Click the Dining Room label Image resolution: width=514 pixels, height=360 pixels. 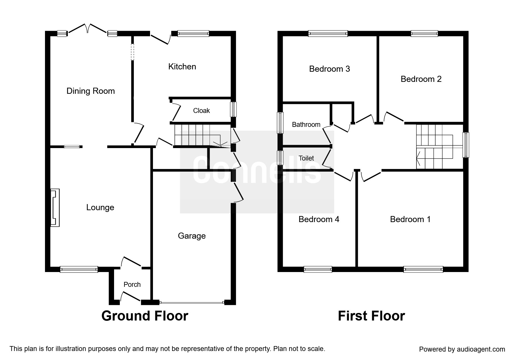91,91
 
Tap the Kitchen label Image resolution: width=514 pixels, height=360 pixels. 182,67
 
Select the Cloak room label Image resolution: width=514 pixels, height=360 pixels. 201,111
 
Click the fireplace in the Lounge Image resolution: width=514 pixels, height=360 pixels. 55,208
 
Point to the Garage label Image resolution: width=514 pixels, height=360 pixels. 192,236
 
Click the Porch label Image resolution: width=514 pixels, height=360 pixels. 132,285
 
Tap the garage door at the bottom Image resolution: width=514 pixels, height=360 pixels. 192,303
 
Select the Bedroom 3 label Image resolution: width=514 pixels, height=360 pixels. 329,69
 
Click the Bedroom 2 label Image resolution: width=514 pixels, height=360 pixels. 421,79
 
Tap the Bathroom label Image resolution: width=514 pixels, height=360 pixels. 306,125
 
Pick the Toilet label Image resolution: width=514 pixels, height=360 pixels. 306,158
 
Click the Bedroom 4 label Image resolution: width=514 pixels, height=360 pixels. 319,219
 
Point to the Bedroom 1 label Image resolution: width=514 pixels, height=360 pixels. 410,219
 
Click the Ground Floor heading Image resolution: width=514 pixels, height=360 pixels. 145,316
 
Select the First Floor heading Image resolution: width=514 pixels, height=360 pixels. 371,316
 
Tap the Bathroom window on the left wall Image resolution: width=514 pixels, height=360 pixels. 280,123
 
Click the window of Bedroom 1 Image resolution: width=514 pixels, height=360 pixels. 423,269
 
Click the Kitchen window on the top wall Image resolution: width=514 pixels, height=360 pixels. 193,33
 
